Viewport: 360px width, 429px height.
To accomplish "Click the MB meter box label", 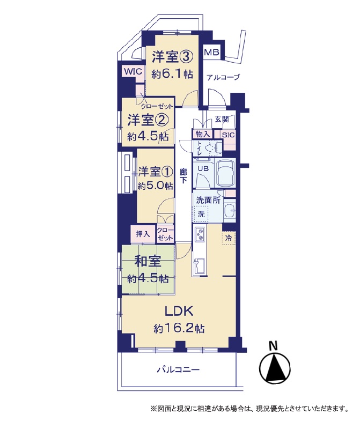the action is click(211, 52).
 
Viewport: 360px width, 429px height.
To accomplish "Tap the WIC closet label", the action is click(133, 72).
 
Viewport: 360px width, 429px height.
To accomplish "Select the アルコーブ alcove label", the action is click(223, 77).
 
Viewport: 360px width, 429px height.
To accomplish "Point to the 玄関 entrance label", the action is click(221, 120).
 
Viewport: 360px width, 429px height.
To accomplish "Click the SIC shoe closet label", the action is click(228, 135).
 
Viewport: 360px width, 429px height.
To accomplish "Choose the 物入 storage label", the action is click(203, 135).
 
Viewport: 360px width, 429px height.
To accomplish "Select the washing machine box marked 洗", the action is click(201, 213).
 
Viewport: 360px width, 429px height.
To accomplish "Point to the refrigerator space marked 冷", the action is click(228, 238).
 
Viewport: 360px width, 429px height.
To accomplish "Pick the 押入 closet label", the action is click(143, 234).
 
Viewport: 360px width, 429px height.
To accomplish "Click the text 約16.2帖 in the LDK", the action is click(179, 328).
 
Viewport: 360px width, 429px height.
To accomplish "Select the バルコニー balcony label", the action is click(178, 370).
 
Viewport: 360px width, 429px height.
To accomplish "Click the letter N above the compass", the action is click(273, 346).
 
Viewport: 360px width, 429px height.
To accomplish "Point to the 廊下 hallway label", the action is click(183, 176).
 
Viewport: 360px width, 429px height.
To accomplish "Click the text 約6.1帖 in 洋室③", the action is click(172, 74).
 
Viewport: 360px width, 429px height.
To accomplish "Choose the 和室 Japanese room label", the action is click(148, 262).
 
